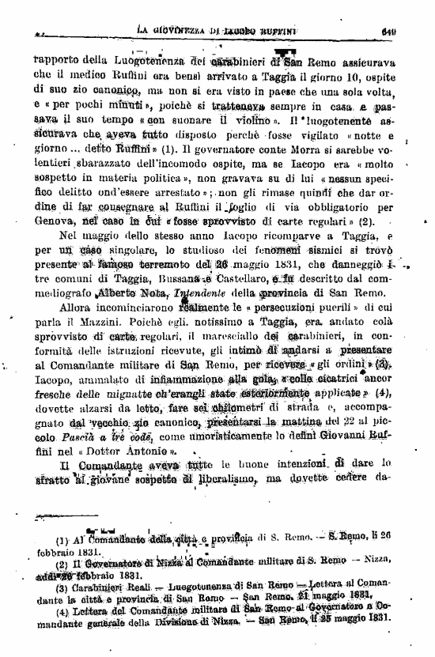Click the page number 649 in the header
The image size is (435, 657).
pos(409,32)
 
